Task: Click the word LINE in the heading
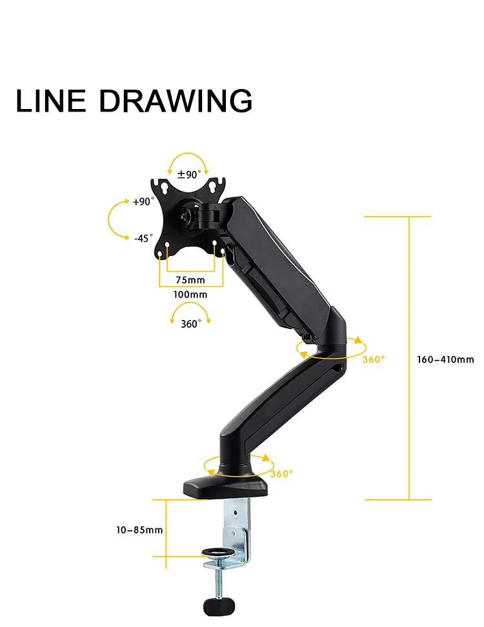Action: [50, 101]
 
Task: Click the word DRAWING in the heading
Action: [176, 101]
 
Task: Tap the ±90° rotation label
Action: [189, 174]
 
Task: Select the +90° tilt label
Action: [143, 201]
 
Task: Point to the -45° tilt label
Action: [143, 238]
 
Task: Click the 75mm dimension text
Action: [190, 280]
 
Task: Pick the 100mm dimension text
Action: [190, 294]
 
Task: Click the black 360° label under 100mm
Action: [190, 324]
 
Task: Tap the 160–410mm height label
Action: [445, 359]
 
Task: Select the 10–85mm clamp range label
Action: [139, 530]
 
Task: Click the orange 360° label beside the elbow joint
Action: [373, 359]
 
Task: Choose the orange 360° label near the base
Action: [281, 474]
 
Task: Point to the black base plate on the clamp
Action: [226, 485]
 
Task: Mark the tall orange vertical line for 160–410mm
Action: [409, 358]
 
